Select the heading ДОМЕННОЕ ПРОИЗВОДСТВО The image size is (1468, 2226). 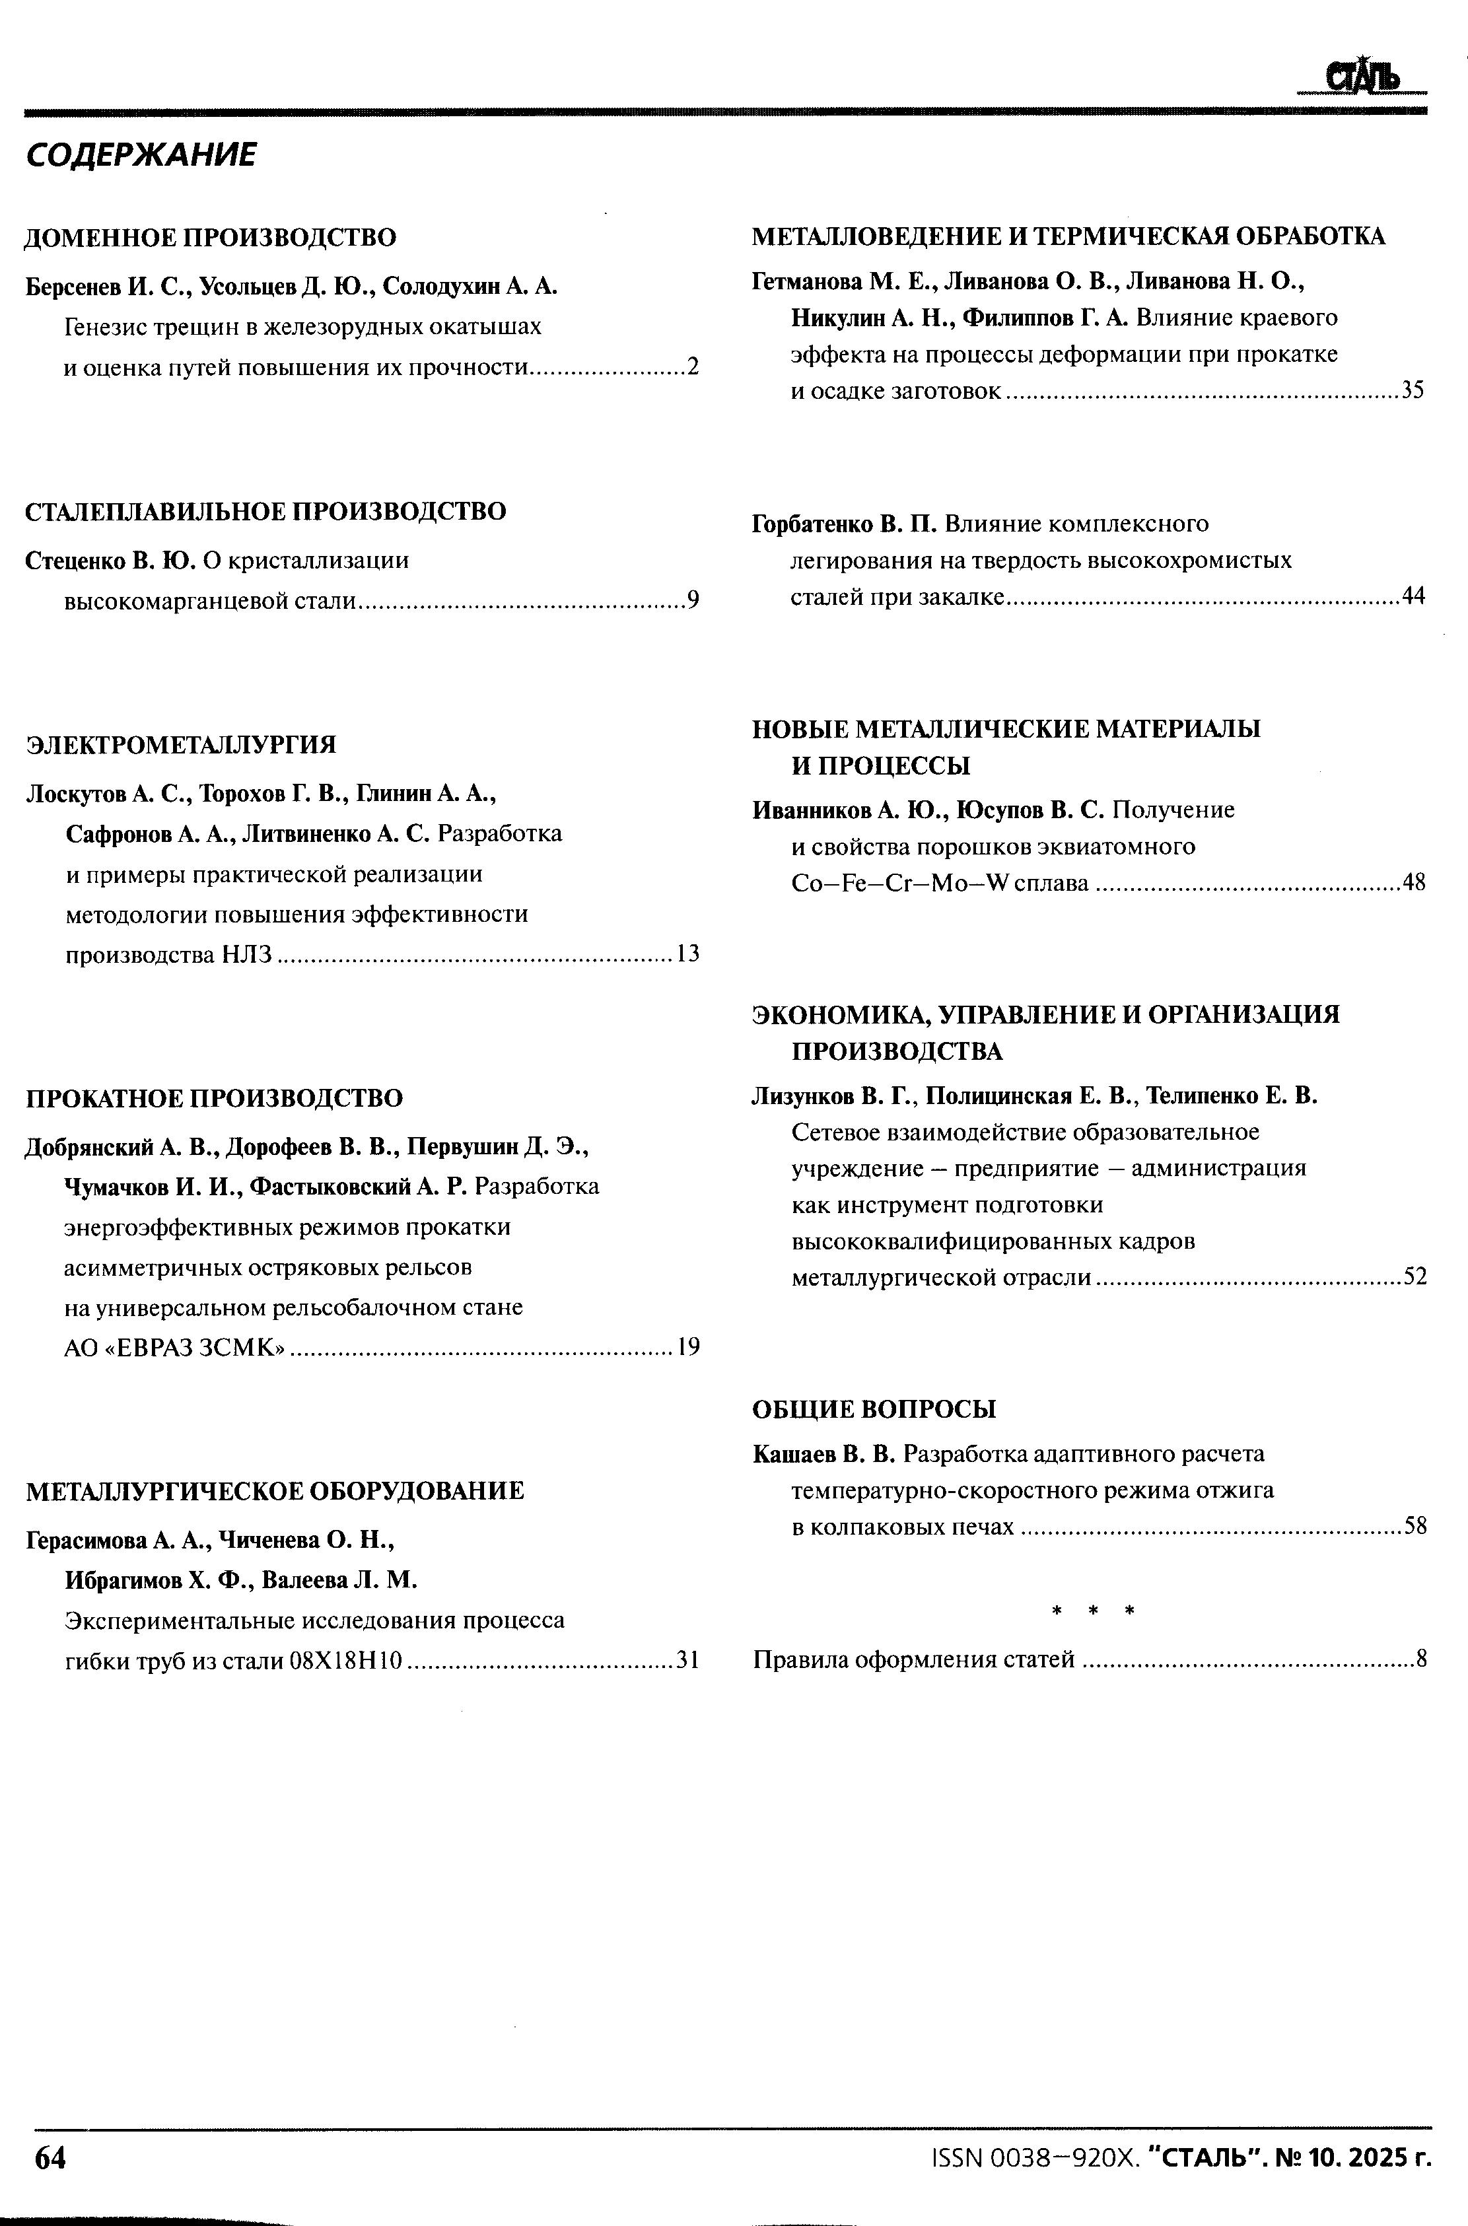(x=211, y=238)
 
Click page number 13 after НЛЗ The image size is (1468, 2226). (x=688, y=954)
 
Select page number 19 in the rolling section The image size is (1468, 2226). (x=688, y=1347)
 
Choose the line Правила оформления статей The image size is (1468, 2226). (x=914, y=1659)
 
